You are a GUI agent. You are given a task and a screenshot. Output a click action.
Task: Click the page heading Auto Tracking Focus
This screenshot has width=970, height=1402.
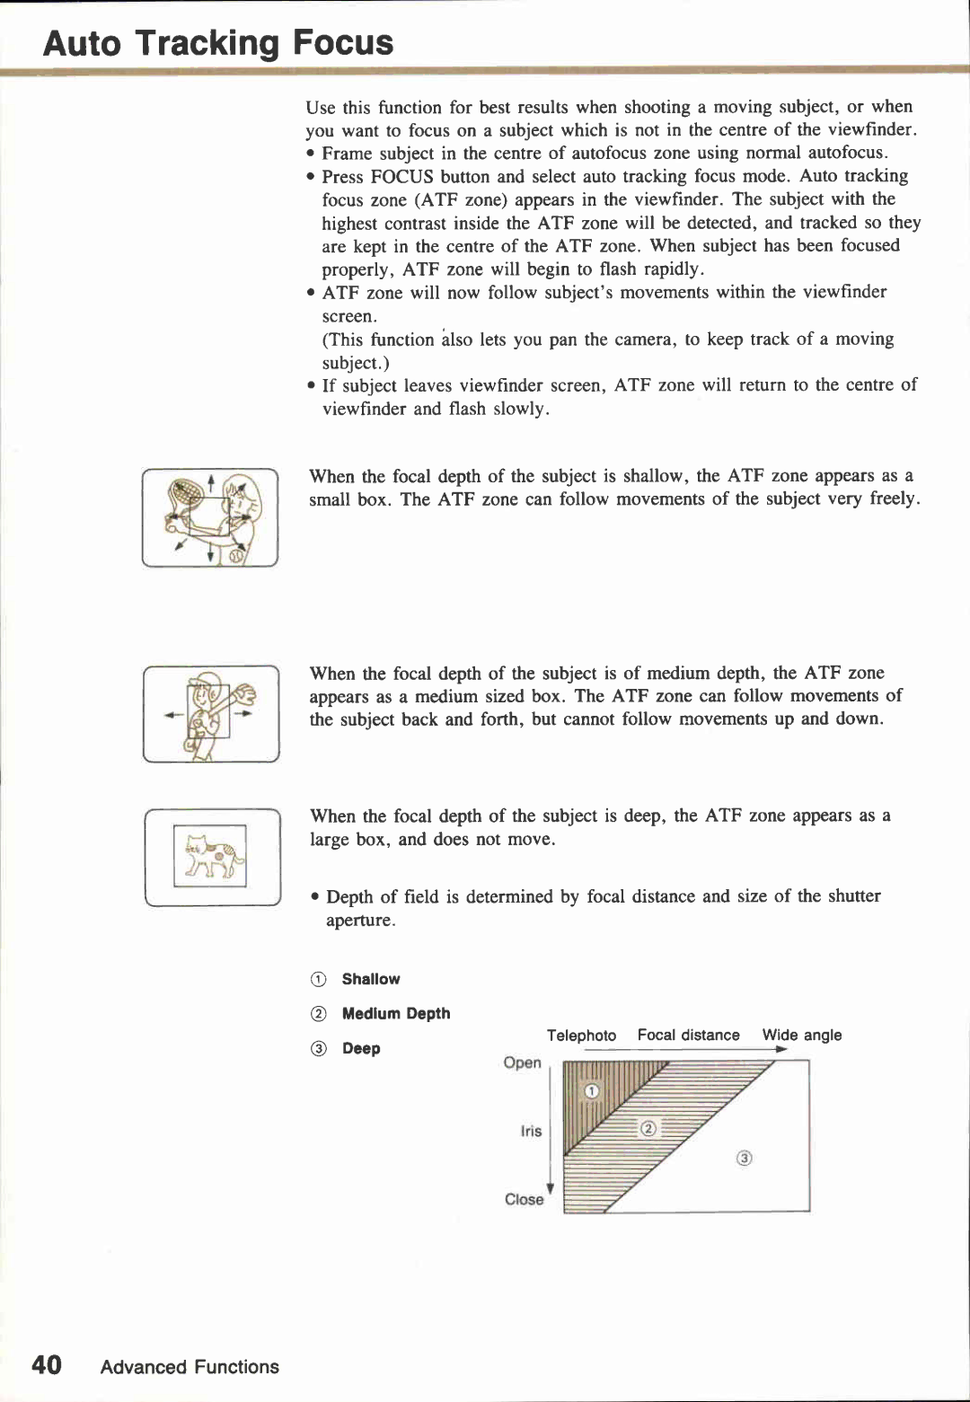coord(218,42)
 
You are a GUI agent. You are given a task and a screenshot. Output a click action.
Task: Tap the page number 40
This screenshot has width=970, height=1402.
coord(47,1365)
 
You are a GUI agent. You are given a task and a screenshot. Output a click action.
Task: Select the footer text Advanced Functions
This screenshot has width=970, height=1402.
coord(190,1366)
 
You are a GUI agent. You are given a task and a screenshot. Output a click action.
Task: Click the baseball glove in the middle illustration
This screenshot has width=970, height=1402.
coord(242,695)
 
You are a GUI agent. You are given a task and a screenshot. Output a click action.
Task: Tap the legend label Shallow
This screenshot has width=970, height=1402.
coord(370,979)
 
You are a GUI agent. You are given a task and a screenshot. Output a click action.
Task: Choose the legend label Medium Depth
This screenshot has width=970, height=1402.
coord(395,1013)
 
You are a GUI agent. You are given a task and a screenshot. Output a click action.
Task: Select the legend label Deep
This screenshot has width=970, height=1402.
coord(360,1048)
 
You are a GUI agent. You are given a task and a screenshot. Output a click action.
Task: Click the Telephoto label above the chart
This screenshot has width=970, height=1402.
coord(581,1035)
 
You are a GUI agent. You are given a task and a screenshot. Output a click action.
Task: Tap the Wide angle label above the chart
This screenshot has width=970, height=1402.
coord(801,1035)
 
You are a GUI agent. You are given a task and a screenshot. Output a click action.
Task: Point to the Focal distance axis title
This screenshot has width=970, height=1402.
coord(688,1035)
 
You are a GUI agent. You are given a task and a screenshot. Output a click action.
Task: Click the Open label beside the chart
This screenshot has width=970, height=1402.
coord(522,1063)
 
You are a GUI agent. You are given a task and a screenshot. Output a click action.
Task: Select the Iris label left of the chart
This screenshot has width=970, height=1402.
coord(531,1131)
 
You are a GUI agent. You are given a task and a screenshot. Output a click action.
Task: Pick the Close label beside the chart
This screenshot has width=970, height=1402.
coord(524,1199)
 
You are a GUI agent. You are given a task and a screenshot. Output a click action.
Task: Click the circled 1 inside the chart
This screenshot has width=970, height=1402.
coord(591,1090)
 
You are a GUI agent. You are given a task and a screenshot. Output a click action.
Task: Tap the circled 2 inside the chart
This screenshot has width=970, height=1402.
coord(648,1128)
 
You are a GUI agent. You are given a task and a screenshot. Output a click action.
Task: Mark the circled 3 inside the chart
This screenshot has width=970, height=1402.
coord(744,1158)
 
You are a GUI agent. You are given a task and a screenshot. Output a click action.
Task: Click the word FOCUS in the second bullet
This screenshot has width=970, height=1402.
coord(401,176)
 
